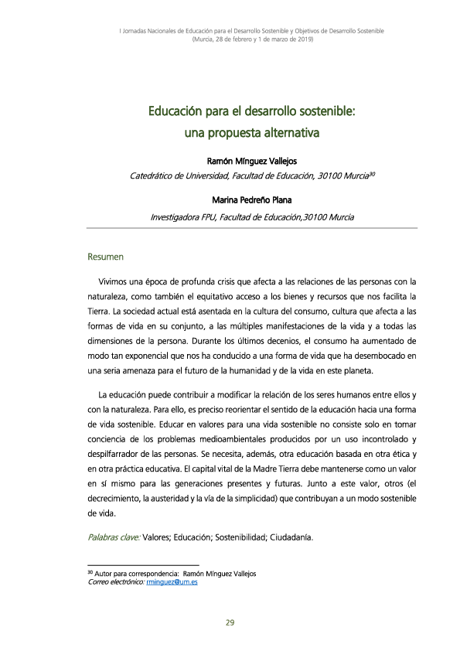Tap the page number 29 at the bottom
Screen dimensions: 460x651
pyautogui.click(x=230, y=623)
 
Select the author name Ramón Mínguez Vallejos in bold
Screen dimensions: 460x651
pyautogui.click(x=252, y=162)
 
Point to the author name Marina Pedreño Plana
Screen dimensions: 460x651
pyautogui.click(x=251, y=200)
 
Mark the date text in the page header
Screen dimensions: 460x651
pyautogui.click(x=252, y=39)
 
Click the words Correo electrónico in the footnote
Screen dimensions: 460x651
pyautogui.click(x=118, y=581)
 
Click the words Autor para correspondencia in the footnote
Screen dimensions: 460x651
pyautogui.click(x=142, y=574)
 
